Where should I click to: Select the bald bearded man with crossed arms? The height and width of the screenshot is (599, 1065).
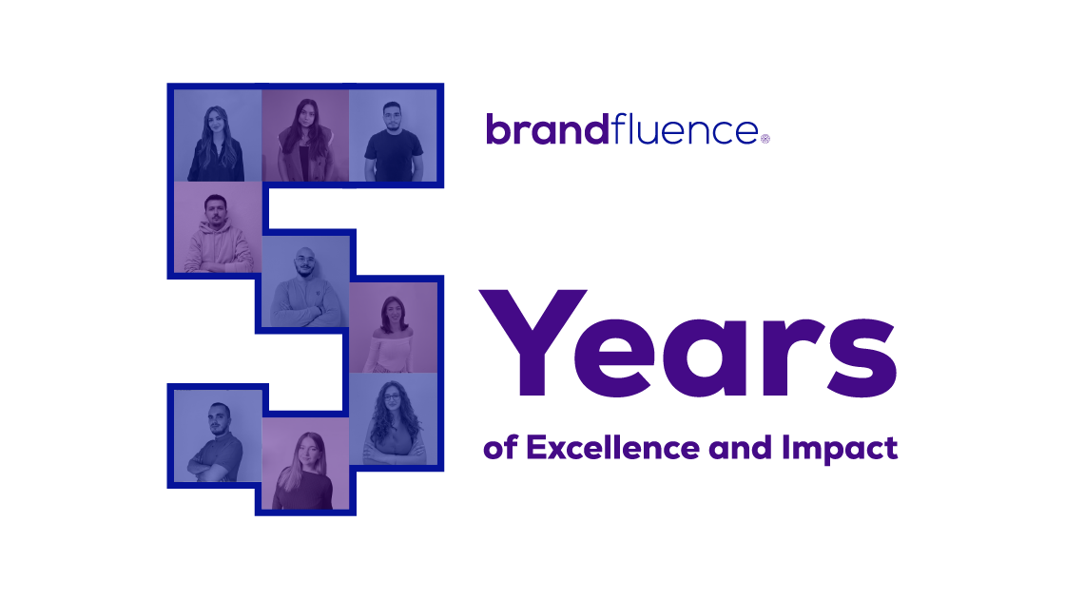pos(305,289)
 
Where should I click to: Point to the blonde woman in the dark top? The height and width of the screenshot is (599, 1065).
pos(303,471)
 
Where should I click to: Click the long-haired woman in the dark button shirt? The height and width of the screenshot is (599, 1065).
pos(216,144)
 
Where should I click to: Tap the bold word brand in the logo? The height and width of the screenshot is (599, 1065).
pos(548,129)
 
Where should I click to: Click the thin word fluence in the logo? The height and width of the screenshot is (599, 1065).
pos(684,129)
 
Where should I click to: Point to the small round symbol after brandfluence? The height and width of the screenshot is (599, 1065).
pos(765,139)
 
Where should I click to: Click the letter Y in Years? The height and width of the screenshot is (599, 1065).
pos(533,342)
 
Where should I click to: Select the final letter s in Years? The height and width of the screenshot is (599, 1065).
pos(862,357)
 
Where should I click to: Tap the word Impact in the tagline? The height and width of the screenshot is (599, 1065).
pos(840,449)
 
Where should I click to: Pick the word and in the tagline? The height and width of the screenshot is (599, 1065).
pos(741,448)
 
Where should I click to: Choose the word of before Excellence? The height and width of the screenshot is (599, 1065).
pos(500,448)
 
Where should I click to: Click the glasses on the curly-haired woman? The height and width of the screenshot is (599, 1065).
pos(392,397)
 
